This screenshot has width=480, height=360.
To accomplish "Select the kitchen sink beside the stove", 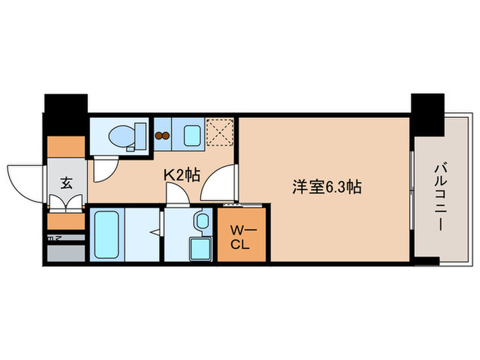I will pos(191,135).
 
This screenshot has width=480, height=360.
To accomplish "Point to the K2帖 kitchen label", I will pos(181,175).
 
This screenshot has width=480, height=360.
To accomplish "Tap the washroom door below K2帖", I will pos(177,195).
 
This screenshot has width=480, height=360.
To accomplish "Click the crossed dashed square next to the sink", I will pos(221,132).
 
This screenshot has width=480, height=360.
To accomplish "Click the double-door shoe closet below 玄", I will pos(66,203).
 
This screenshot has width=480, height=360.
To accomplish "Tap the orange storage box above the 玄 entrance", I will pos(66,147).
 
